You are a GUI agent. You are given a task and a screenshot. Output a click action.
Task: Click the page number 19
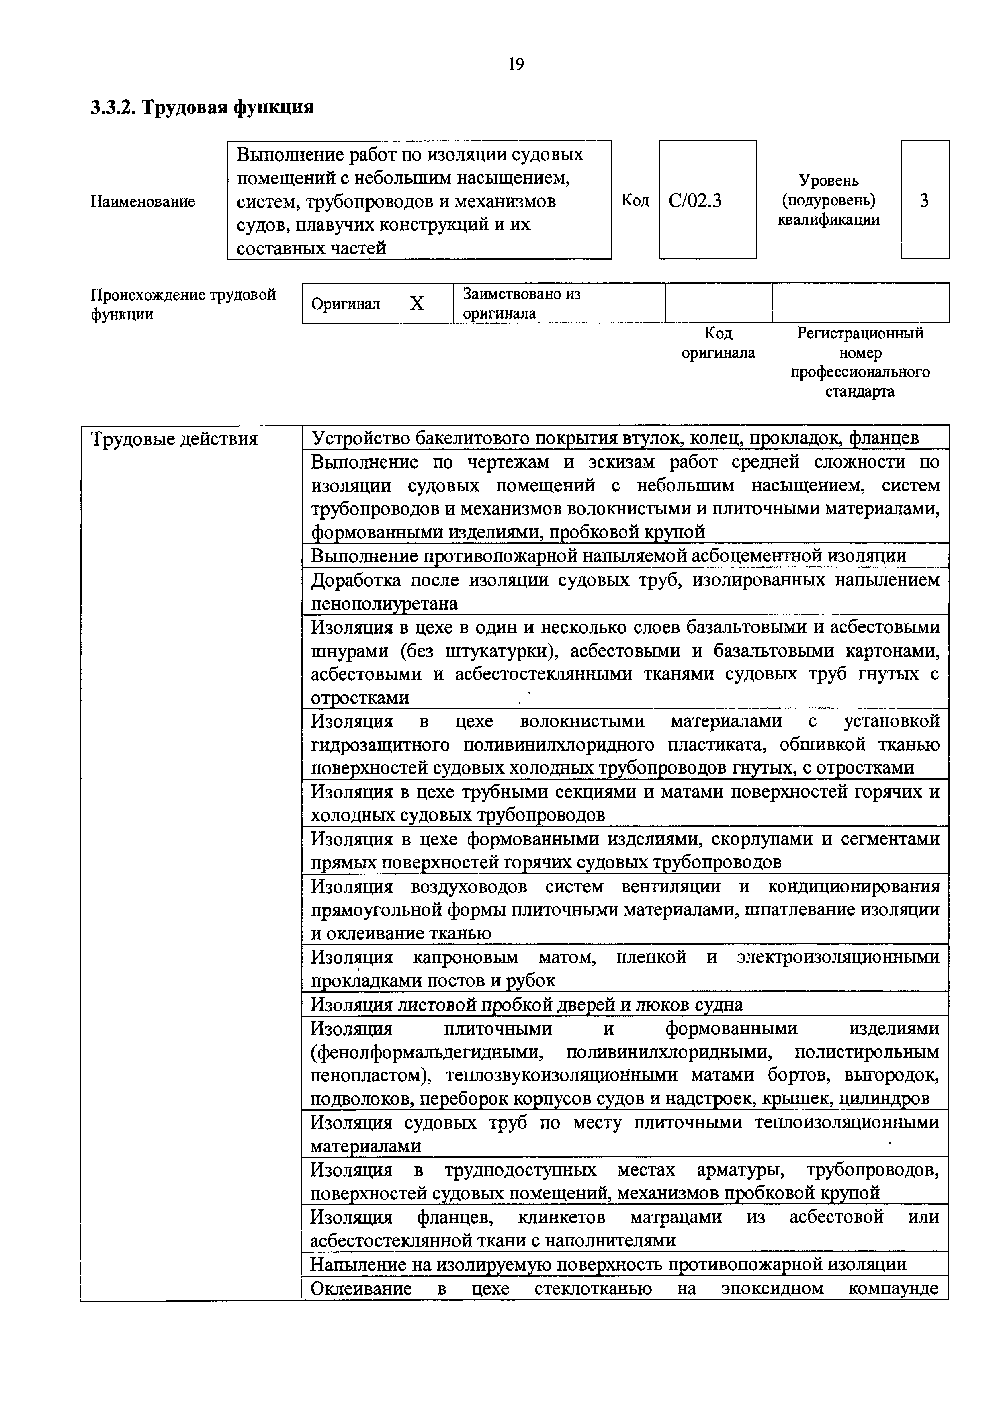point(516,64)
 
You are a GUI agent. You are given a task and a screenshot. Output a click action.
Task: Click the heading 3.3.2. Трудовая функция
point(202,107)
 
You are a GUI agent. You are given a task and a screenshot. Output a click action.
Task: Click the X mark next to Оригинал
point(417,303)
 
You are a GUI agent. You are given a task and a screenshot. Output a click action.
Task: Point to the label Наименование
point(143,201)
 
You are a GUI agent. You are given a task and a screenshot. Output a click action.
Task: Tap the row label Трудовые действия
point(174,440)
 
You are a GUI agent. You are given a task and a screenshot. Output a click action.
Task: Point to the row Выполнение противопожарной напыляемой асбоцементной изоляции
point(608,556)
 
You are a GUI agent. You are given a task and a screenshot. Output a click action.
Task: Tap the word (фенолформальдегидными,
point(427,1052)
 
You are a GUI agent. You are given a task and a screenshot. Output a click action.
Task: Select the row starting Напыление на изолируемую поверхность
point(608,1265)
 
